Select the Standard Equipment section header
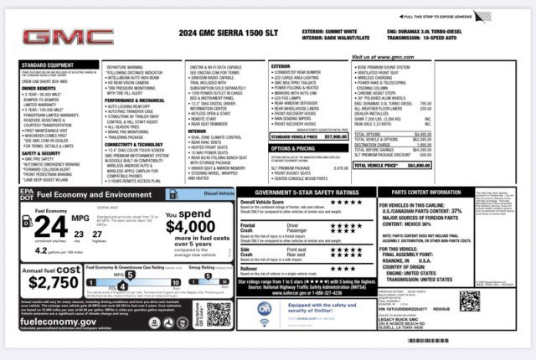point(45,64)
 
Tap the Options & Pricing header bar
point(292,147)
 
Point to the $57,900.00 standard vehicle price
point(334,136)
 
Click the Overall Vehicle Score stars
point(339,203)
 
